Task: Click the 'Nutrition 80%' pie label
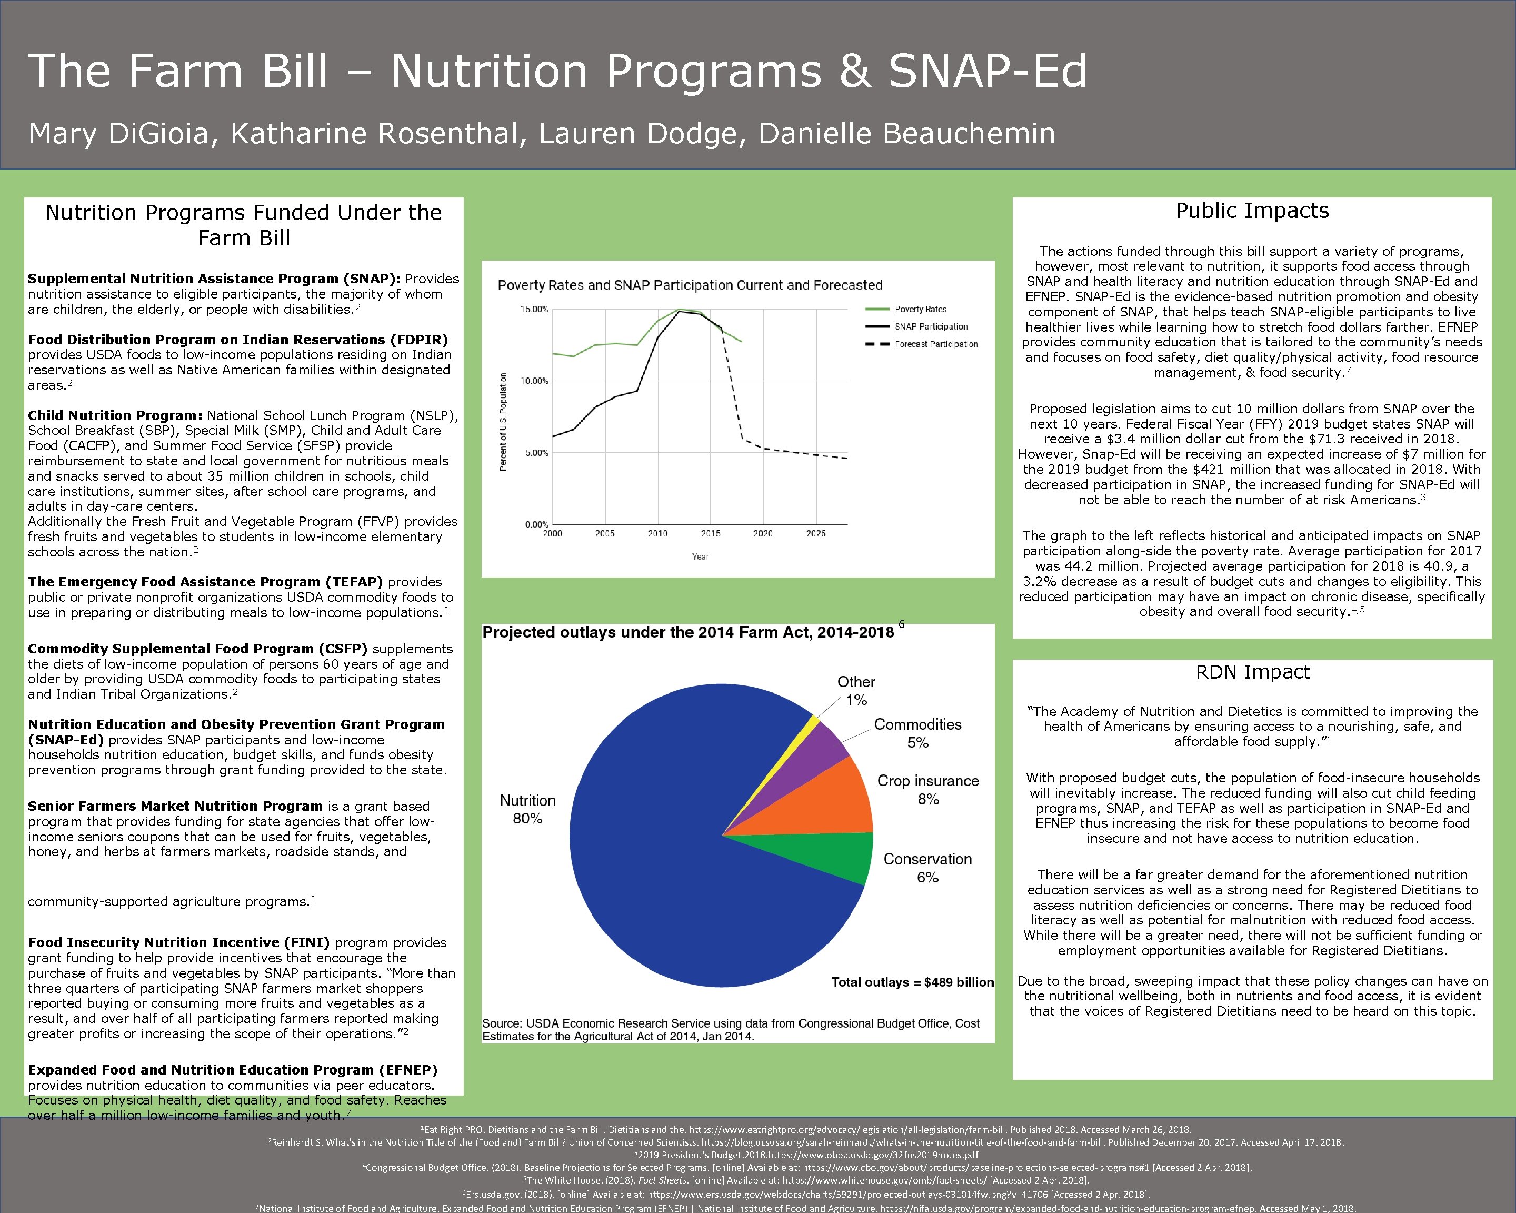pyautogui.click(x=527, y=809)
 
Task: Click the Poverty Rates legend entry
pyautogui.click(x=920, y=310)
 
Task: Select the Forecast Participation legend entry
pyautogui.click(x=935, y=344)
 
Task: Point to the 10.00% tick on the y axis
pyautogui.click(x=534, y=381)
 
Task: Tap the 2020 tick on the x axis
pyautogui.click(x=763, y=534)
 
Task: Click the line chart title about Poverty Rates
pyautogui.click(x=689, y=285)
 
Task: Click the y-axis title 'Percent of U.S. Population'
pyautogui.click(x=503, y=422)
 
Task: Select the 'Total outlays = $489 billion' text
pyautogui.click(x=912, y=982)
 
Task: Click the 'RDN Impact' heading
pyautogui.click(x=1252, y=672)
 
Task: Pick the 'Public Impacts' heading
pyautogui.click(x=1252, y=211)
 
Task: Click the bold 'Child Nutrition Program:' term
pyautogui.click(x=115, y=415)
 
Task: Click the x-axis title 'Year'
pyautogui.click(x=700, y=557)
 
